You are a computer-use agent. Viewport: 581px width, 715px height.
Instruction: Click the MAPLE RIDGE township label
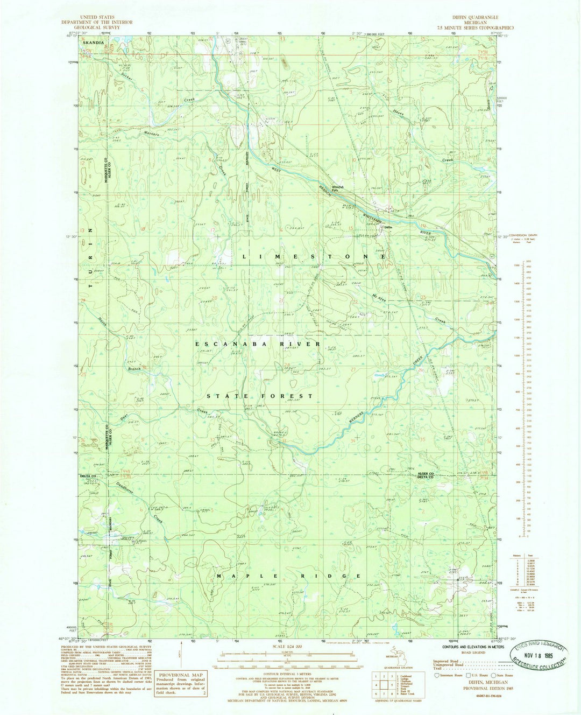(288, 576)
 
